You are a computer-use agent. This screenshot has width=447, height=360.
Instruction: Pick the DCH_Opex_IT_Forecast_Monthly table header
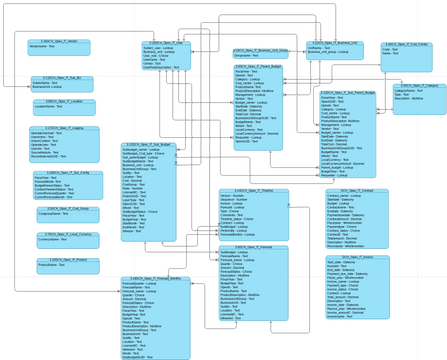(155, 279)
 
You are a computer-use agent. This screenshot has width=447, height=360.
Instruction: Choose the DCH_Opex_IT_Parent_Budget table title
(261, 67)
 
